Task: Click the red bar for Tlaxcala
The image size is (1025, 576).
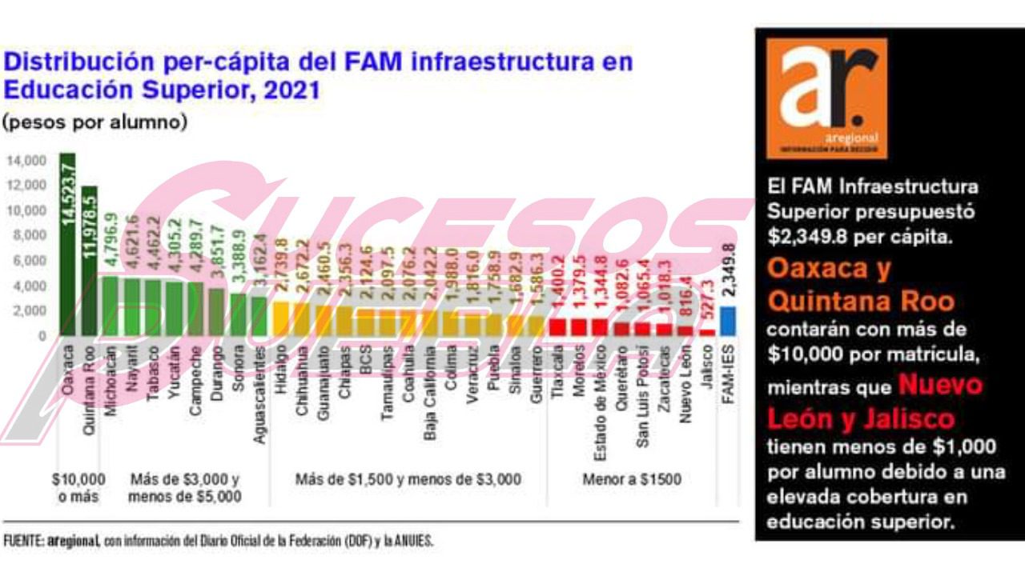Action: [x=558, y=326]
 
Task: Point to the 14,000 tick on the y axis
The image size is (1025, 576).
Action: [x=27, y=161]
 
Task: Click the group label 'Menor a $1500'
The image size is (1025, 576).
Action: [x=632, y=480]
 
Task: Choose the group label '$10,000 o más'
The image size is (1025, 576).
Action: [x=78, y=487]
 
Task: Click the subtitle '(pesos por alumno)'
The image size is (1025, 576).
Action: [x=94, y=122]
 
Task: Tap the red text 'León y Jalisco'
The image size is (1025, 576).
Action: [x=860, y=418]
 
